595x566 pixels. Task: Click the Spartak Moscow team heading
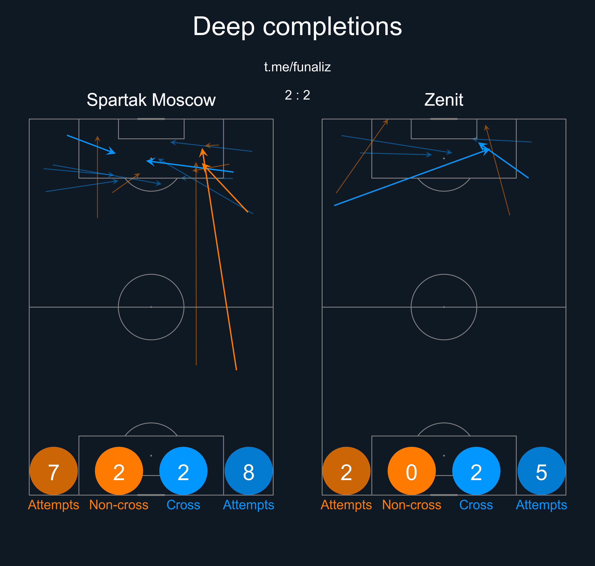click(x=151, y=100)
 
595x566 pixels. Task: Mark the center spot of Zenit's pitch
click(x=444, y=307)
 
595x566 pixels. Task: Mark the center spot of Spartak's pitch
click(x=151, y=307)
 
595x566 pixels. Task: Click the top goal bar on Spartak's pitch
click(x=151, y=119)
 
